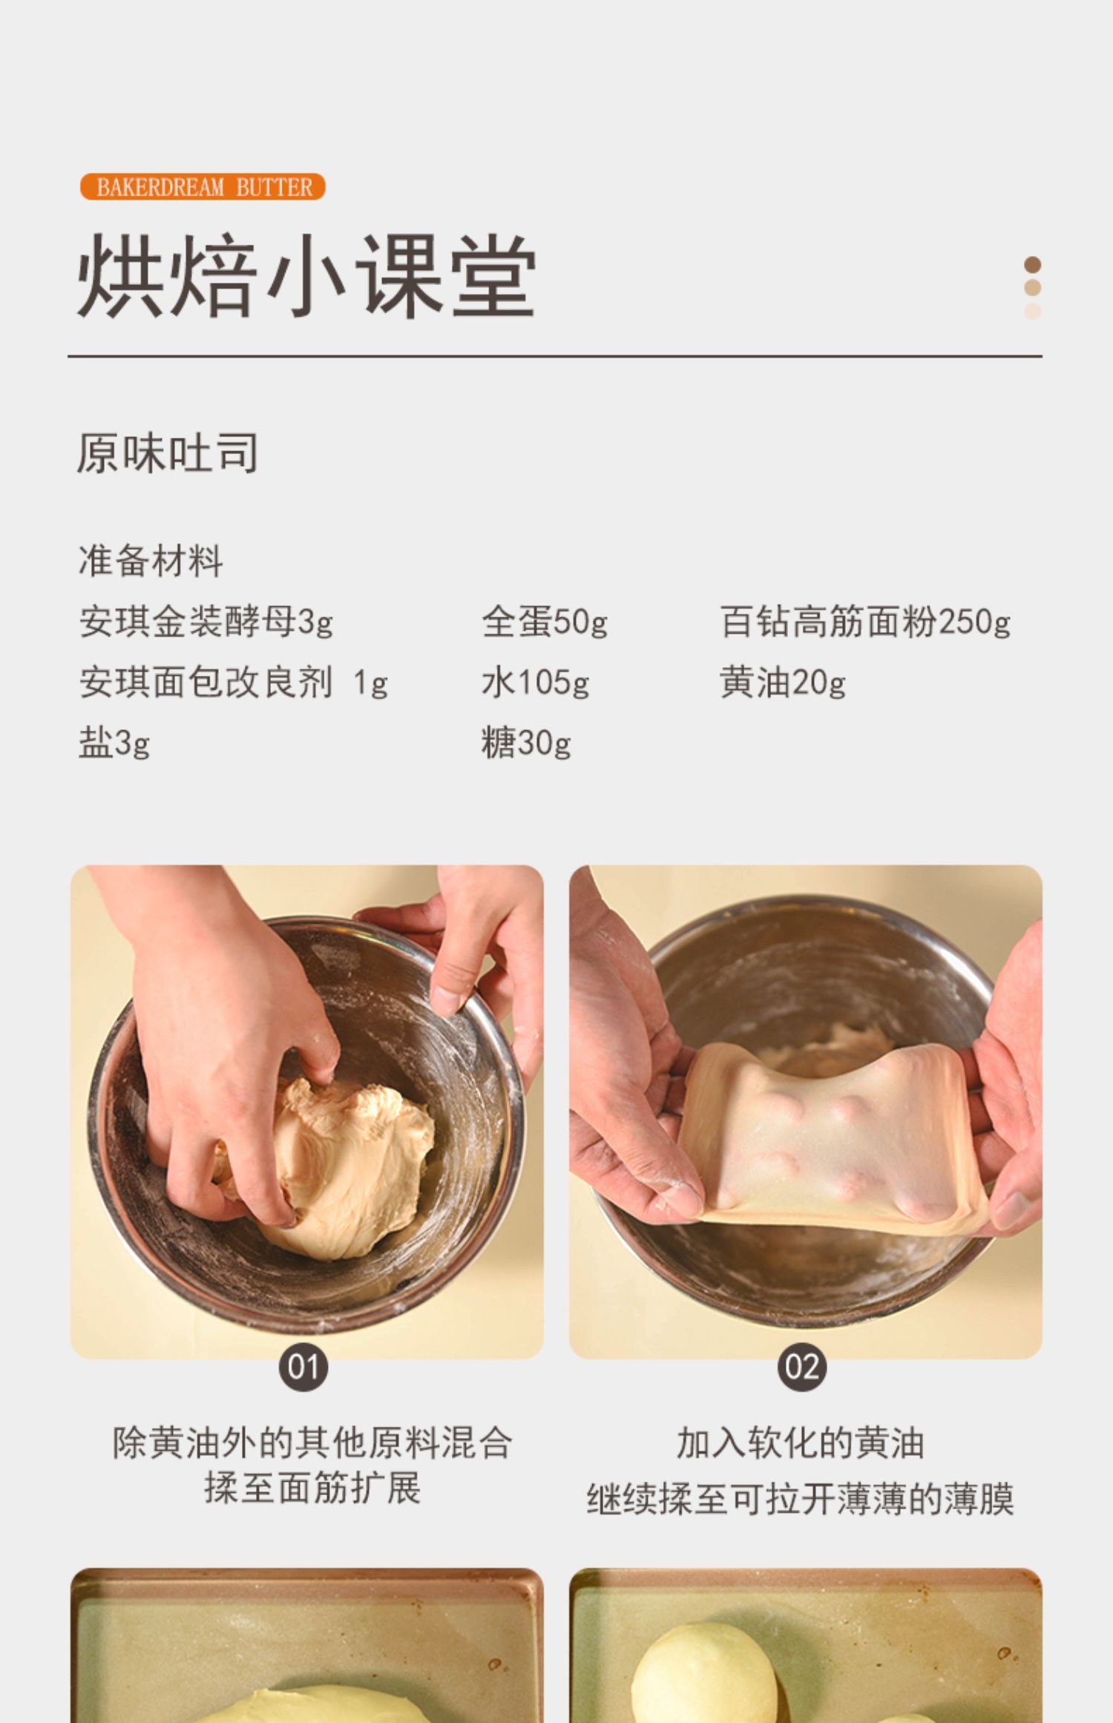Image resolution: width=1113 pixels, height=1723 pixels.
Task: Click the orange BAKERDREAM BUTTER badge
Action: coord(203,186)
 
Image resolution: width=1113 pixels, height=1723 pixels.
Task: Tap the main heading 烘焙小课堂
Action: coord(306,276)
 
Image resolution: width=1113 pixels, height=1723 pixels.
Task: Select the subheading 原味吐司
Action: coord(168,453)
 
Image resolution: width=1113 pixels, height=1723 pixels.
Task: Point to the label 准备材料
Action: coord(151,560)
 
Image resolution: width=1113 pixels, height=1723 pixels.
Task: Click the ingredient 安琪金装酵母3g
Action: coord(206,622)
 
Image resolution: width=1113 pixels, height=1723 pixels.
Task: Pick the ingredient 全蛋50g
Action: coord(545,622)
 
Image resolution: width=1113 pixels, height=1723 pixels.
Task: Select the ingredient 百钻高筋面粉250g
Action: coord(865,622)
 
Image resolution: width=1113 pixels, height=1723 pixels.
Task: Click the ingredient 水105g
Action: coord(536,682)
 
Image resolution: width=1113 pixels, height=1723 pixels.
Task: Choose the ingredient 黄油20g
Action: coord(783,682)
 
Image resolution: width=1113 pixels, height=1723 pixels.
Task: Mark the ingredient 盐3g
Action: coord(114,742)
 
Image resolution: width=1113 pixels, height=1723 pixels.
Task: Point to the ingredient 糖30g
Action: coord(526,742)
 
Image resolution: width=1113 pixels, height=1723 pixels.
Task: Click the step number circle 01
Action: coord(303,1367)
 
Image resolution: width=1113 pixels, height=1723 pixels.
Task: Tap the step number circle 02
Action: coord(802,1367)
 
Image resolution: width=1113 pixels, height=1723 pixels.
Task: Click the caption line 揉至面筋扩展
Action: coord(312,1488)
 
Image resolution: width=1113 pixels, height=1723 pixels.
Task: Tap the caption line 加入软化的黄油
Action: coord(801,1443)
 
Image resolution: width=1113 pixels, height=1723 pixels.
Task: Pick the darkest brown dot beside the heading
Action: coord(1032,265)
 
